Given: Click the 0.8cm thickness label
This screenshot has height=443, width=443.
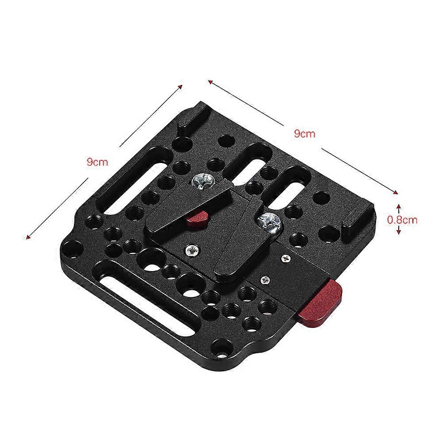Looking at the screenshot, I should point(402,218).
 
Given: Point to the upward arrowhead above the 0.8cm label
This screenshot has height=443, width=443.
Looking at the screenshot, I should point(399,206).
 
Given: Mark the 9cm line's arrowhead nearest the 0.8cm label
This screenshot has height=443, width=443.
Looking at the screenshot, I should point(396,192).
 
